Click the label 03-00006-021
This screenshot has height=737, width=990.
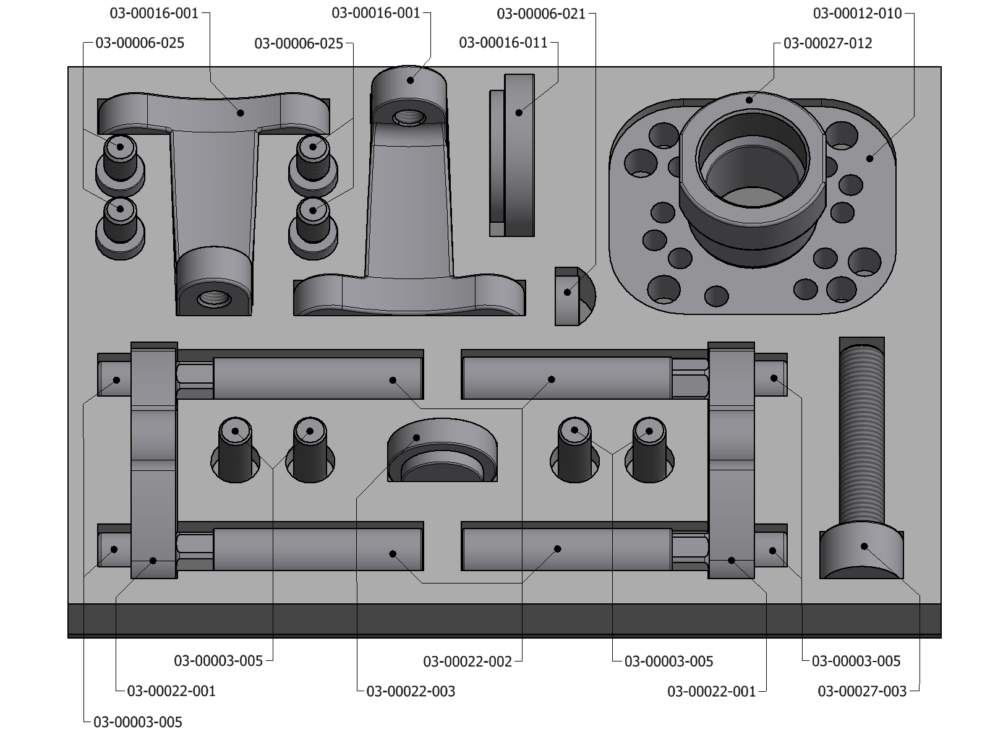[541, 14]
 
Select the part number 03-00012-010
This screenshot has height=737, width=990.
[857, 14]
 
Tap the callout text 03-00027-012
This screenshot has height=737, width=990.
[827, 43]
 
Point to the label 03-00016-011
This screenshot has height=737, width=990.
[503, 43]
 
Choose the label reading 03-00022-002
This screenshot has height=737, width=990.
[467, 662]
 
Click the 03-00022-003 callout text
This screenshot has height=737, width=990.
[411, 691]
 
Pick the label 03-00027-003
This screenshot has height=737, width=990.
[862, 691]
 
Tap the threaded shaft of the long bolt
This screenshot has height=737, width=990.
[862, 433]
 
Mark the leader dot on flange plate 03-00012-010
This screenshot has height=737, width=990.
[869, 159]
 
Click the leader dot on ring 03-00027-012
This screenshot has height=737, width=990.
[749, 100]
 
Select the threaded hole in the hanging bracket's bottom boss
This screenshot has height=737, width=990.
[214, 300]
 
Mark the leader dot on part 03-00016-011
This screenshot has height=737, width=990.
[519, 113]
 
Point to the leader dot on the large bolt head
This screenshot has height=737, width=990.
[864, 546]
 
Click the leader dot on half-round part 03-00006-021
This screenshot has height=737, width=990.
[568, 292]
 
